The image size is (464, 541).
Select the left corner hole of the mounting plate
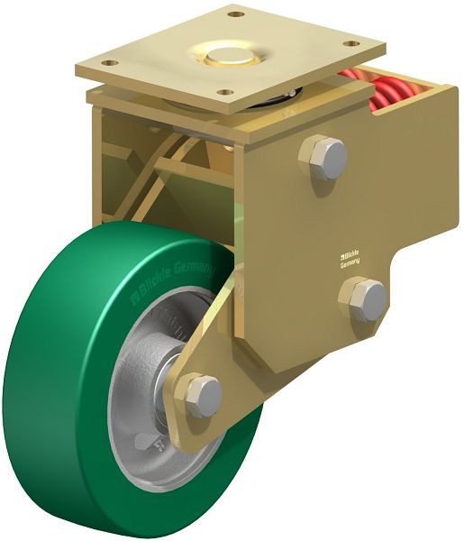click(x=109, y=63)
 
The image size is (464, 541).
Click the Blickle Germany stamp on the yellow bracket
click(x=349, y=258)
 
